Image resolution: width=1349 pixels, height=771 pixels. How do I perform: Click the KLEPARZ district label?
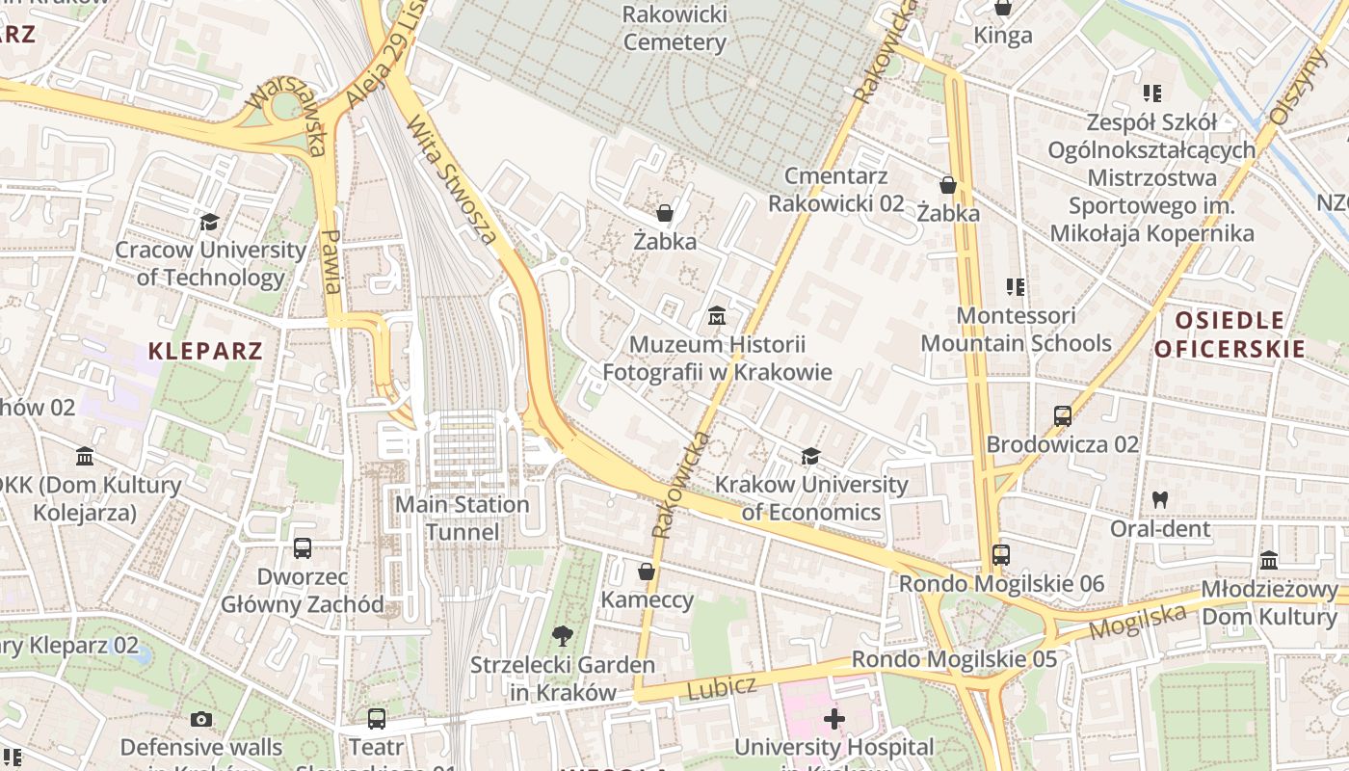(205, 351)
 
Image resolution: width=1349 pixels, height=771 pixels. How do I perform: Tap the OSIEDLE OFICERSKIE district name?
(1230, 334)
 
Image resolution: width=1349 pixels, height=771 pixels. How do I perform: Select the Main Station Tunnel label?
(463, 518)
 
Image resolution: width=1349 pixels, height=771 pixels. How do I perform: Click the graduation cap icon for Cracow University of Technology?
(209, 223)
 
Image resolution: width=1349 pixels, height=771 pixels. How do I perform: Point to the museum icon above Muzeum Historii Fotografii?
(717, 315)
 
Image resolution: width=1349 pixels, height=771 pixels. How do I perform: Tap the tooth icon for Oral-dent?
(1160, 500)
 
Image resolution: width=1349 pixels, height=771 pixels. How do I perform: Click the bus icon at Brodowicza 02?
(1063, 416)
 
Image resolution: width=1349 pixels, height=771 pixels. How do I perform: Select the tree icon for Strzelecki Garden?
(562, 636)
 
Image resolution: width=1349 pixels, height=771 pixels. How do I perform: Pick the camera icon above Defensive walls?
(201, 719)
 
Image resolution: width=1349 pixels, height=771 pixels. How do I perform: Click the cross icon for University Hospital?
(833, 719)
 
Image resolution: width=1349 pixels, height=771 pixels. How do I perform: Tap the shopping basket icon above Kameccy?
(647, 572)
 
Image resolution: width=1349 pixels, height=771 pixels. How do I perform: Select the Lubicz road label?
(722, 688)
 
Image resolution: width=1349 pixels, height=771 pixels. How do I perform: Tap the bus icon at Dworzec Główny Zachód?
(303, 548)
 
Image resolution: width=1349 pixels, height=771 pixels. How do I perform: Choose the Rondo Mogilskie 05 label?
(954, 660)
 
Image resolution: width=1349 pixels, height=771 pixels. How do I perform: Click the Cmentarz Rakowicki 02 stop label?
(835, 189)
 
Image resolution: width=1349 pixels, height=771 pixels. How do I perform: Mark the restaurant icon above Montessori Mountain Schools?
(1015, 286)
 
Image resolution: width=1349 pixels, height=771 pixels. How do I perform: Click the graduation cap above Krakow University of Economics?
(811, 456)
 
